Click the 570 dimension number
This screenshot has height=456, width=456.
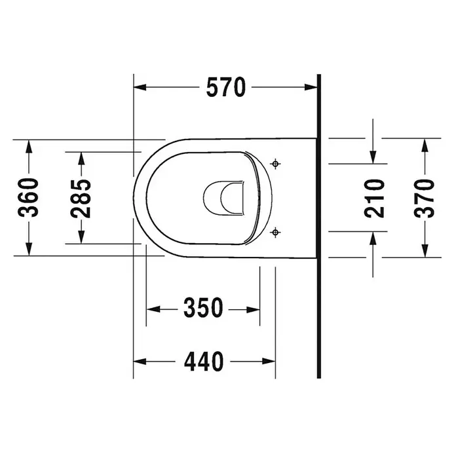coord(226,87)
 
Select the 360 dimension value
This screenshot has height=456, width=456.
coord(28,198)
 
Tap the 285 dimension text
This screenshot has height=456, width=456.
coord(81,199)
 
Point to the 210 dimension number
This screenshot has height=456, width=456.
coord(374,199)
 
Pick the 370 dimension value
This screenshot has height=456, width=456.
coord(425,199)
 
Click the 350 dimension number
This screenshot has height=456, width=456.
coord(203,308)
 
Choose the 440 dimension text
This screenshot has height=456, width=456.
coord(204,362)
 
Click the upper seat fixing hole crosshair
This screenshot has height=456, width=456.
coord(275,164)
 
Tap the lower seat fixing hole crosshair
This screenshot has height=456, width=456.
coord(275,233)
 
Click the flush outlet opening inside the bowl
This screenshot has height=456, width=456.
coord(223,199)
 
